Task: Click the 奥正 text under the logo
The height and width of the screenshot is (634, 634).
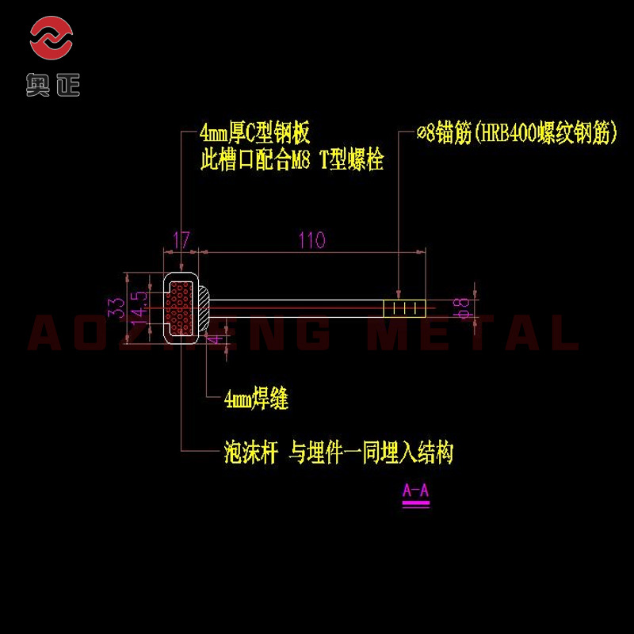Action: pos(52,84)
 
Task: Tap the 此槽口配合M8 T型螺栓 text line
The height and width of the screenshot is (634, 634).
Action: pos(292,160)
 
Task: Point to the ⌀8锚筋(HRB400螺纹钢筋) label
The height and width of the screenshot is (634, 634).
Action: pos(516,132)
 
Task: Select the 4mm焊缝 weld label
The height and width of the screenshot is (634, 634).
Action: pos(256,401)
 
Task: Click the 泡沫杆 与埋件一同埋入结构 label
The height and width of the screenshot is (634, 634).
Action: pos(338,453)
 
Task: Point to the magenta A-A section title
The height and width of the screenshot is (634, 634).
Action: pos(415,491)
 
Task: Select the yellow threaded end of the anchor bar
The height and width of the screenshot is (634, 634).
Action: pos(404,307)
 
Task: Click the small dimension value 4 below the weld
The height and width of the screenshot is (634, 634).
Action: pos(213,340)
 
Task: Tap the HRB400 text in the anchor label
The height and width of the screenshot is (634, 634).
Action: pos(505,132)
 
